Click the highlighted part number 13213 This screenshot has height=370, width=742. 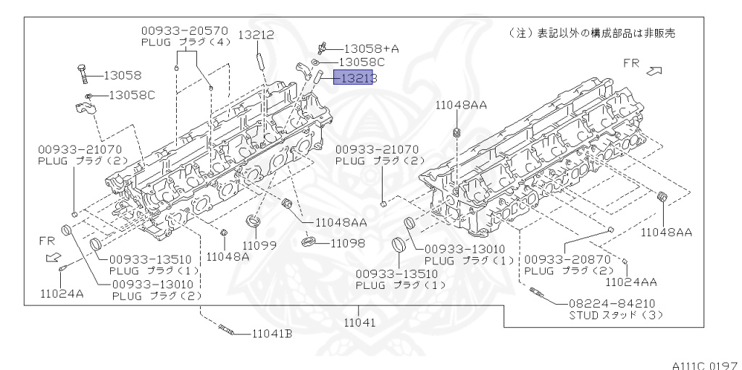(353, 77)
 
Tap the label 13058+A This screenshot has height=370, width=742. (371, 49)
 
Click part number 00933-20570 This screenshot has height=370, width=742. (184, 31)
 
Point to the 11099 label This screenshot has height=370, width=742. (259, 245)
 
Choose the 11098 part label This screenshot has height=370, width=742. (347, 243)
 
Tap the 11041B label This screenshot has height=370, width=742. (272, 334)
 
